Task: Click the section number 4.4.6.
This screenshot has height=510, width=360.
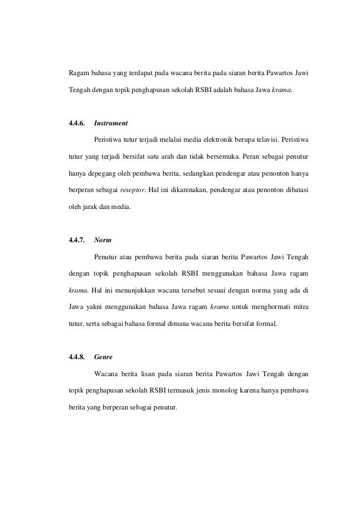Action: click(x=76, y=123)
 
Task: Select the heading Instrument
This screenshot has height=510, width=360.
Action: click(x=111, y=123)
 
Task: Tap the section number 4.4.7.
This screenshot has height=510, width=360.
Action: click(x=76, y=240)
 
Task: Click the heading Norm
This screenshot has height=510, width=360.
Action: click(x=103, y=240)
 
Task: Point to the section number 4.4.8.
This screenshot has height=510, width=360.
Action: click(x=76, y=357)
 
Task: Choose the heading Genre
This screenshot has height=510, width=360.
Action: click(x=104, y=357)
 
